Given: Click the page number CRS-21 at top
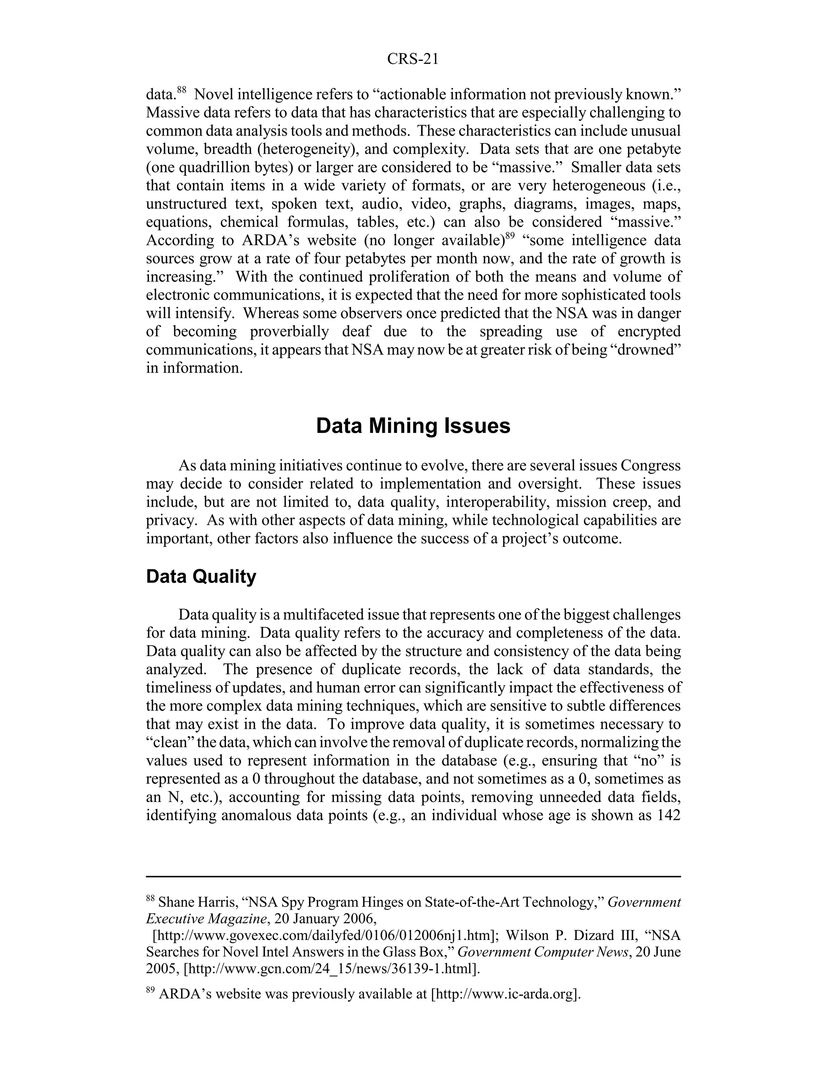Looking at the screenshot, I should pyautogui.click(x=413, y=59).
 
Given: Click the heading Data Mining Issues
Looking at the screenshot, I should pyautogui.click(x=413, y=426).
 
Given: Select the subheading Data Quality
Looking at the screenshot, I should pyautogui.click(x=201, y=577).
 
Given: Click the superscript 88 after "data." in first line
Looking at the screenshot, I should pyautogui.click(x=182, y=90).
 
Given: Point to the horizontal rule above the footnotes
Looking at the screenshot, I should pyautogui.click(x=413, y=877).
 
